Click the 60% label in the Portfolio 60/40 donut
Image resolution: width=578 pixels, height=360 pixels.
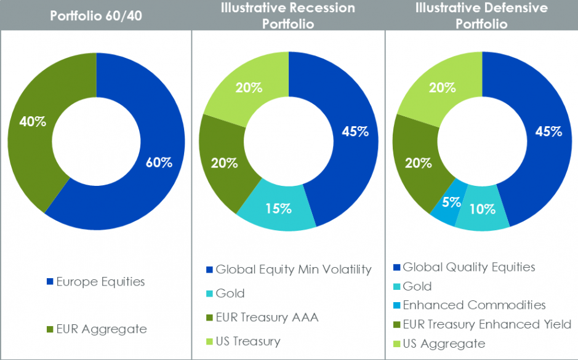159,162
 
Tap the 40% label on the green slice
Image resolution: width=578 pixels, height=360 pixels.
33,121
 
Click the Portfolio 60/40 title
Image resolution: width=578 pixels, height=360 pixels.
95,15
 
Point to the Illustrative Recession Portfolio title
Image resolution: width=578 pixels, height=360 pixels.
289,16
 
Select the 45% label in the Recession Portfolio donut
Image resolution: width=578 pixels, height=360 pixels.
355,131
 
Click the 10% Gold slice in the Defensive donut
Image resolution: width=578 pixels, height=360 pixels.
482,209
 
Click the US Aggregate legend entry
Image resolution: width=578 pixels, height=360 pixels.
443,343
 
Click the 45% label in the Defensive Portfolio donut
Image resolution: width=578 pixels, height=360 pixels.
548,131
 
